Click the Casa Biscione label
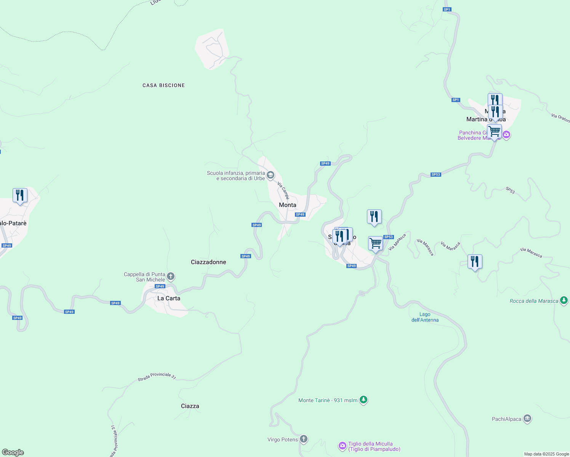163,85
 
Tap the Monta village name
287,205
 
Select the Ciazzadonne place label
208,262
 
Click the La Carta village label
169,298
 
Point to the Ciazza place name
190,406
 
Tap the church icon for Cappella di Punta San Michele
171,276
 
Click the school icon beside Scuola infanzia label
271,175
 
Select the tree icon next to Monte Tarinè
363,400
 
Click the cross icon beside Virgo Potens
304,439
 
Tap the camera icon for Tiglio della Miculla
343,446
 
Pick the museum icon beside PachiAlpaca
527,419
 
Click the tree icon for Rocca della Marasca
564,300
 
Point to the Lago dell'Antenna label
425,317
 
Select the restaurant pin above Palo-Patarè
20,195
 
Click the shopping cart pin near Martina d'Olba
494,132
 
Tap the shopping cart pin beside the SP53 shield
375,243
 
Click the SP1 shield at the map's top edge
447,10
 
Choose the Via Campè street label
283,190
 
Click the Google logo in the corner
13,452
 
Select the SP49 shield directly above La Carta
160,286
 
